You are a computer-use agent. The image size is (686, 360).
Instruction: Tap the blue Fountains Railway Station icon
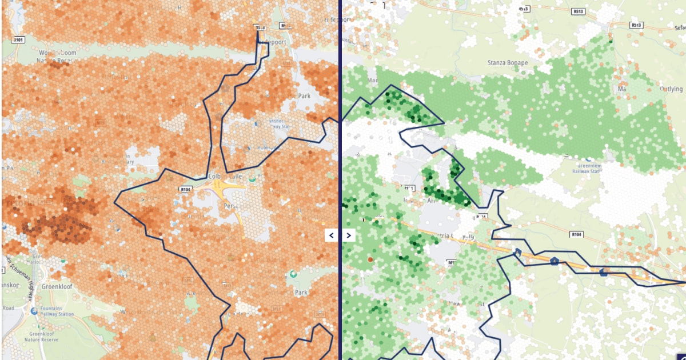coord(35,311)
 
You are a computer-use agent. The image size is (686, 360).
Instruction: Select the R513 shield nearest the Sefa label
coord(636,25)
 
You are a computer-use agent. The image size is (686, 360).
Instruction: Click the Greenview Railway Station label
coord(589,170)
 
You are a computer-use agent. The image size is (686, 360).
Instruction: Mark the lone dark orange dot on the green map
coord(370,259)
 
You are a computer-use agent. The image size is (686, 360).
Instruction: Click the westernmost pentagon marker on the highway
coord(517,253)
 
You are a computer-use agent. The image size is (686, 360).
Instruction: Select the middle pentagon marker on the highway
coord(554,261)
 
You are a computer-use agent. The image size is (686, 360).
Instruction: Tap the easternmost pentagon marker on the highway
coord(604,272)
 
